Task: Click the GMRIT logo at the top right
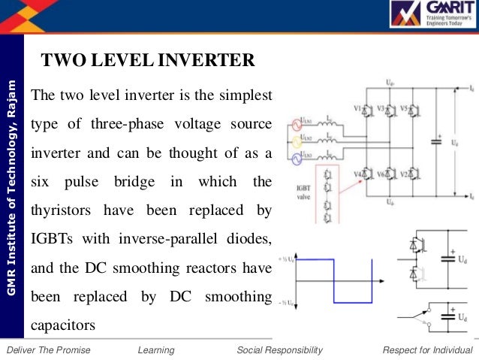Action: (431, 19)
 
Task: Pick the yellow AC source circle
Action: (296, 140)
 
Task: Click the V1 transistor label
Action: (357, 107)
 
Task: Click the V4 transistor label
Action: (357, 174)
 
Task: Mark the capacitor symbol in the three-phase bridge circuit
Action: (437, 141)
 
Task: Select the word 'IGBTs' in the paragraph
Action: (51, 239)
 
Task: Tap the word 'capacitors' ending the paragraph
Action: (64, 326)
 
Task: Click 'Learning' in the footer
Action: (156, 350)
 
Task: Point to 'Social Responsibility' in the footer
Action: (279, 350)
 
